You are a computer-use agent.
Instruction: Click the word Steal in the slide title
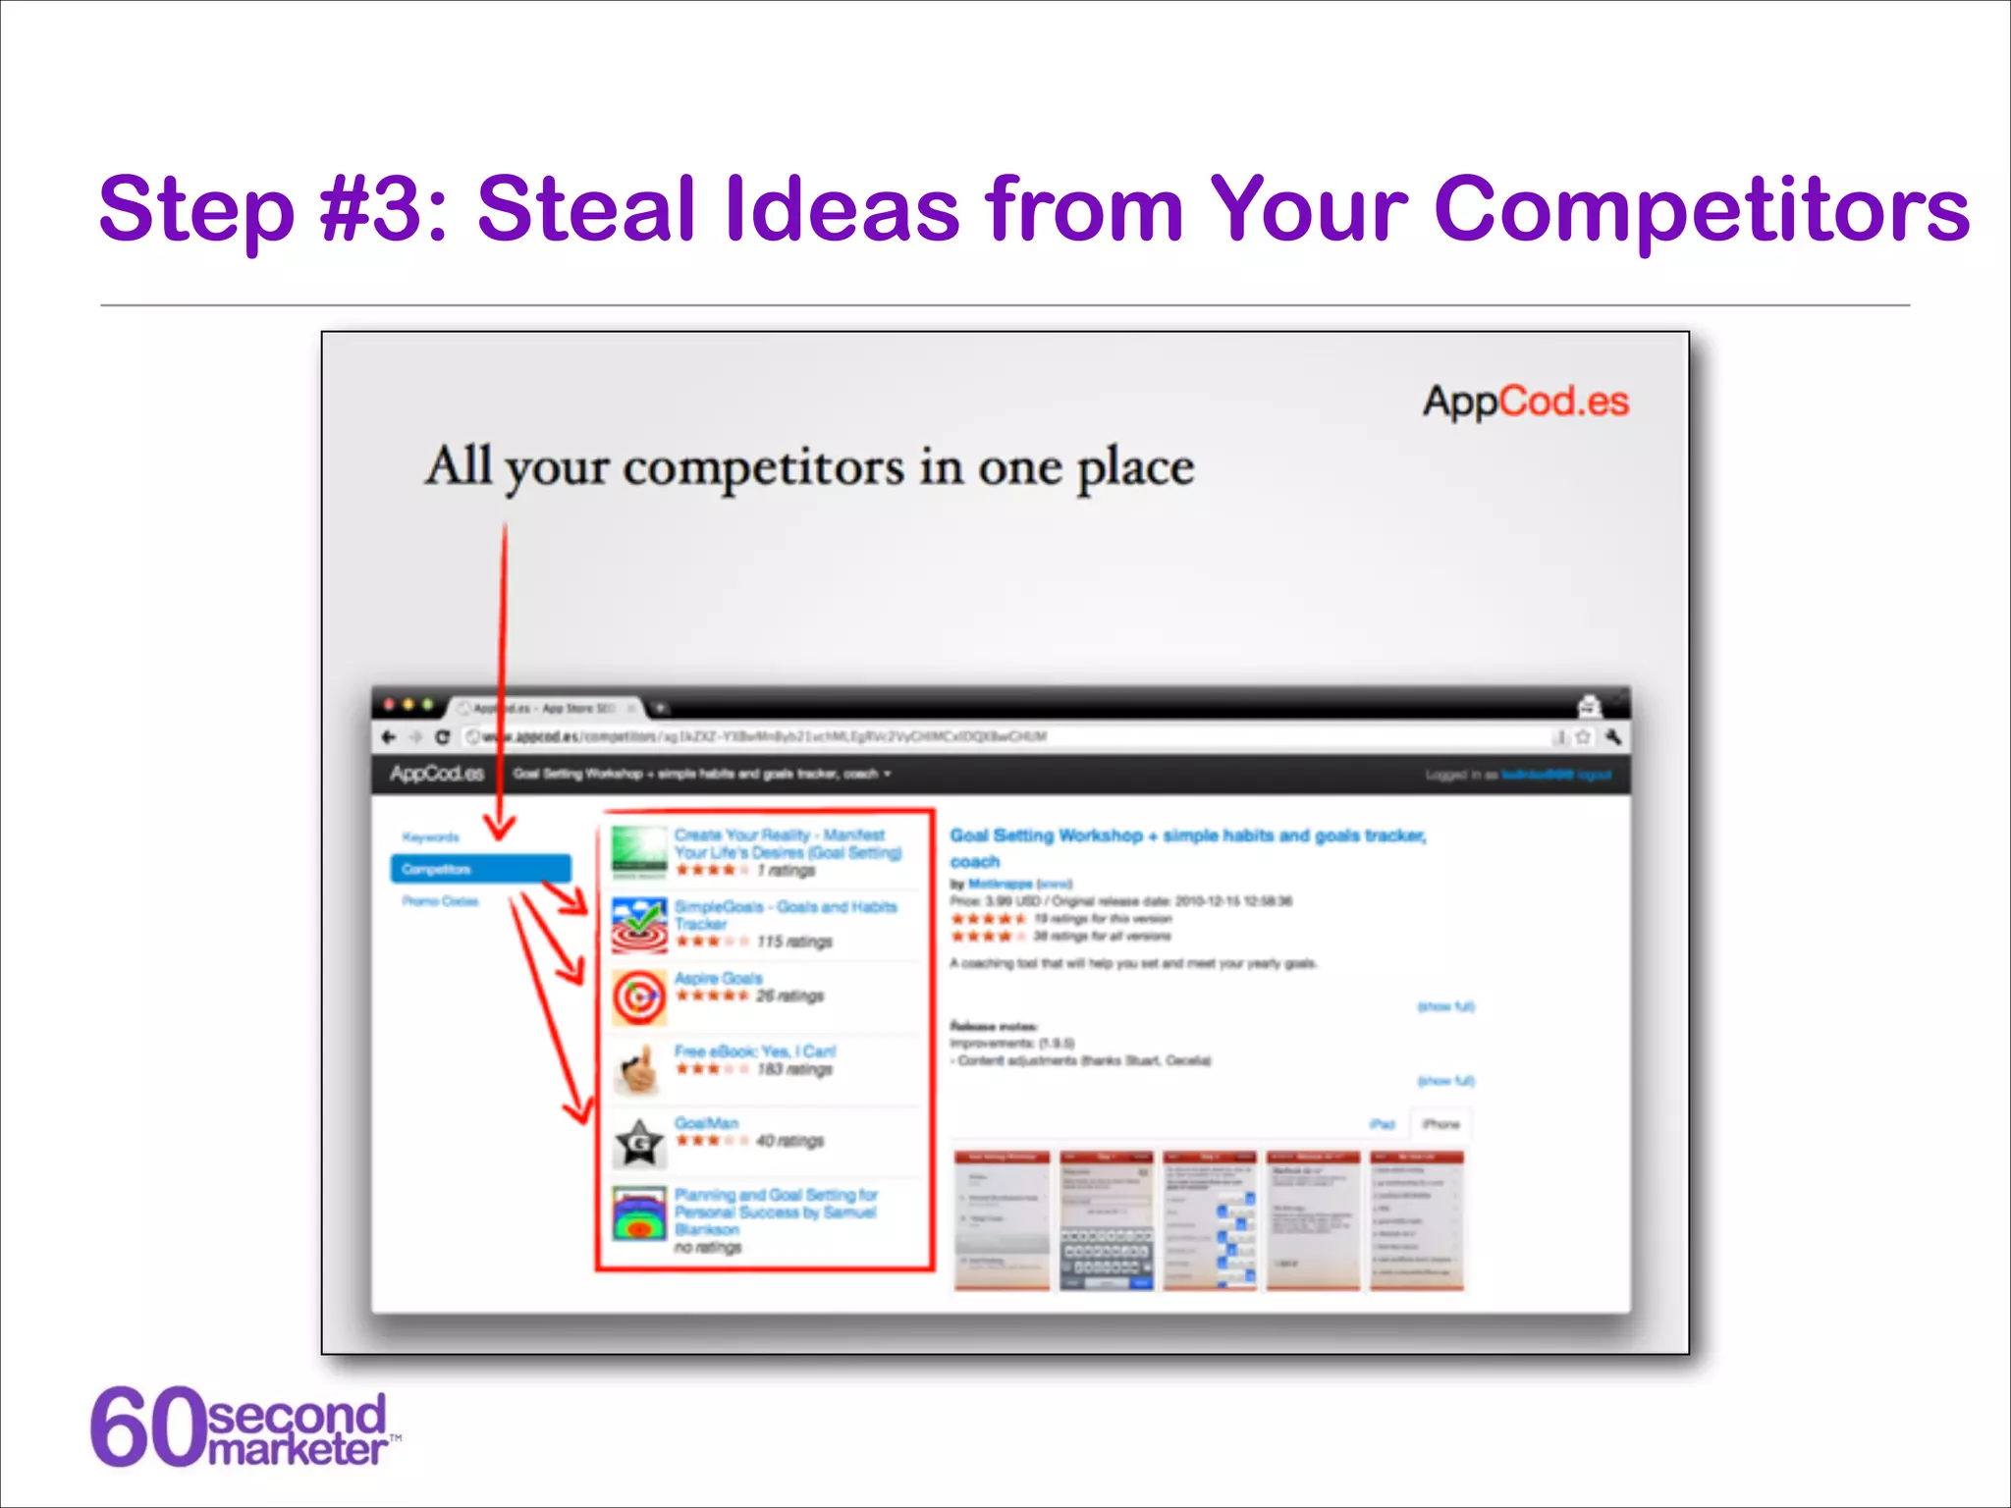pos(586,208)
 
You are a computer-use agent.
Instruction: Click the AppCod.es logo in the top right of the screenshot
pos(1525,402)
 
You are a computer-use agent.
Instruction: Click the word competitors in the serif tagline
pos(763,467)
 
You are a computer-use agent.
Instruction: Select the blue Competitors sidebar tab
pos(480,869)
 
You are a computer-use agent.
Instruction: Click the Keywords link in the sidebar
pos(430,837)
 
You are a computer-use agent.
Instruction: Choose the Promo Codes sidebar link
pos(440,901)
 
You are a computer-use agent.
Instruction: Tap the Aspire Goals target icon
pos(639,996)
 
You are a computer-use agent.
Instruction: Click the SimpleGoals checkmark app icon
pos(639,925)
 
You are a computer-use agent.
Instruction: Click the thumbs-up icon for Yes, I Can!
pos(639,1069)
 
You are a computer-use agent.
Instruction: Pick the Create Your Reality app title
pos(787,843)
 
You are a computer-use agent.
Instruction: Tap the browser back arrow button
pos(389,737)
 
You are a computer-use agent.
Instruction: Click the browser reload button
pos(443,737)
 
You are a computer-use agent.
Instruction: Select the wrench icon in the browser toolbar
pos(1612,737)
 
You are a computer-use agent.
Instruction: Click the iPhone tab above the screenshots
pos(1440,1124)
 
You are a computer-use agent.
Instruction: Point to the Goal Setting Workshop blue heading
pos(1187,836)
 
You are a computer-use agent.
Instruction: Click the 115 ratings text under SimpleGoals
pos(794,942)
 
